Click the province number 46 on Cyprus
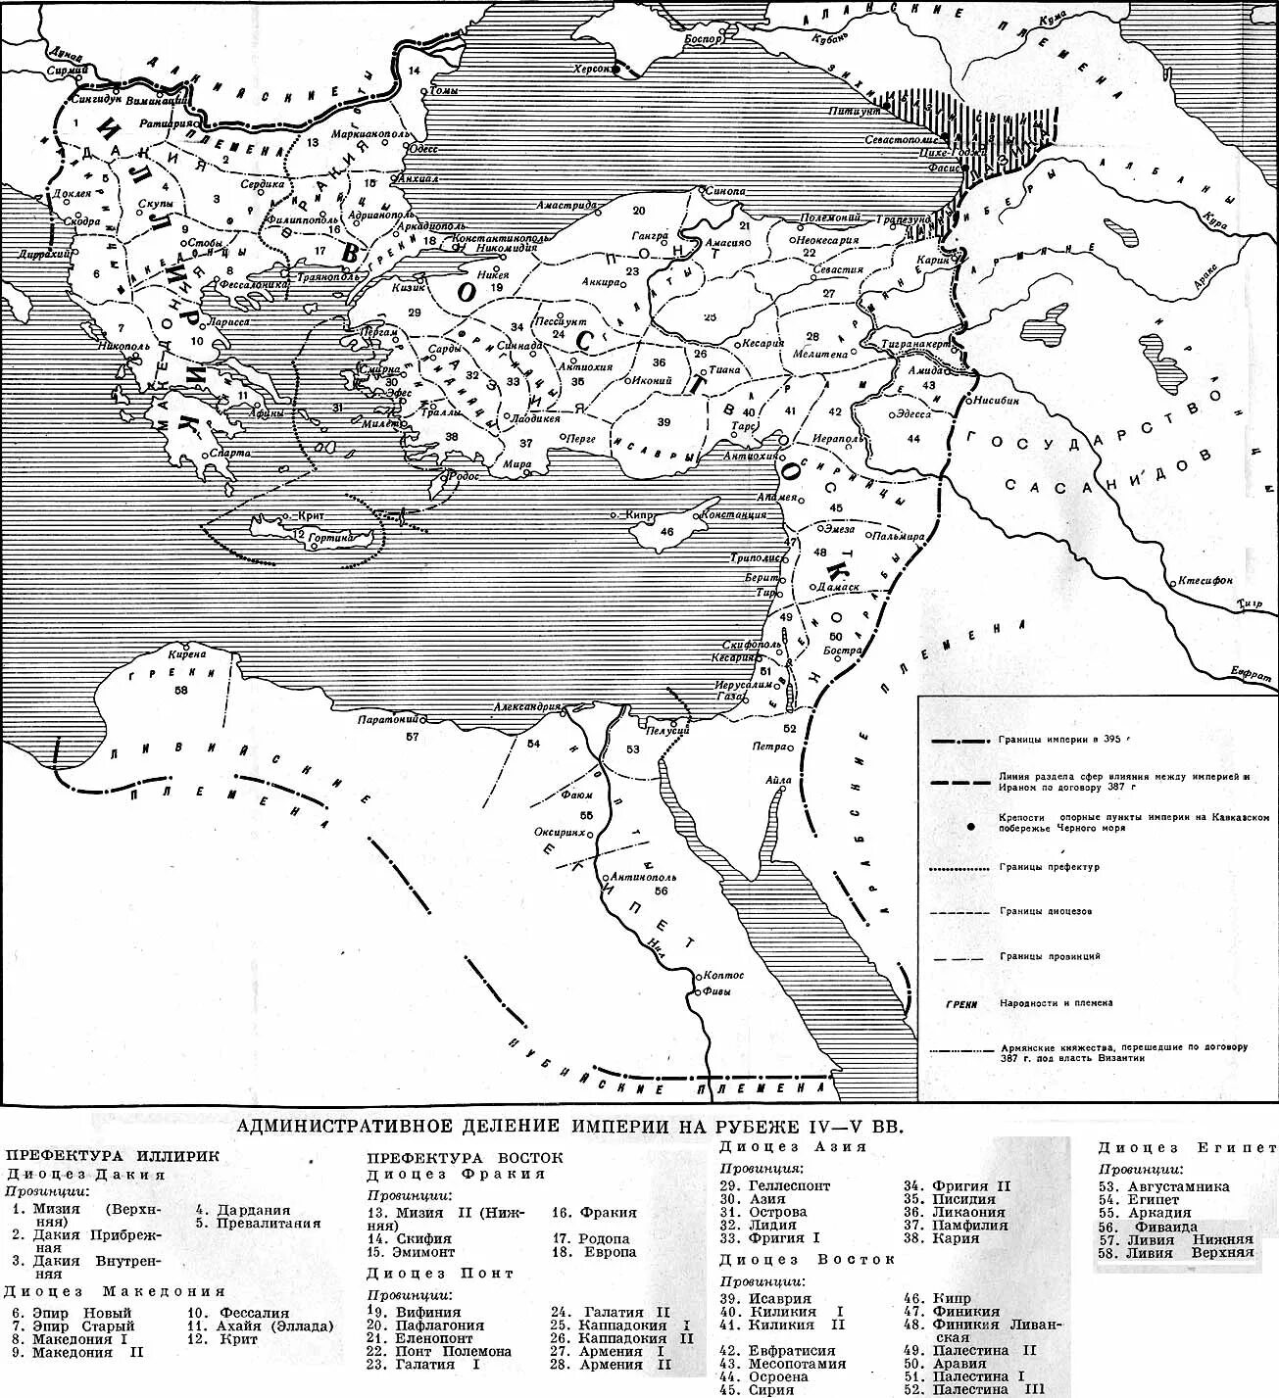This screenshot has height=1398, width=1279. pos(666,532)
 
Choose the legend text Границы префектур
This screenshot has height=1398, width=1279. pos(1050,867)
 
